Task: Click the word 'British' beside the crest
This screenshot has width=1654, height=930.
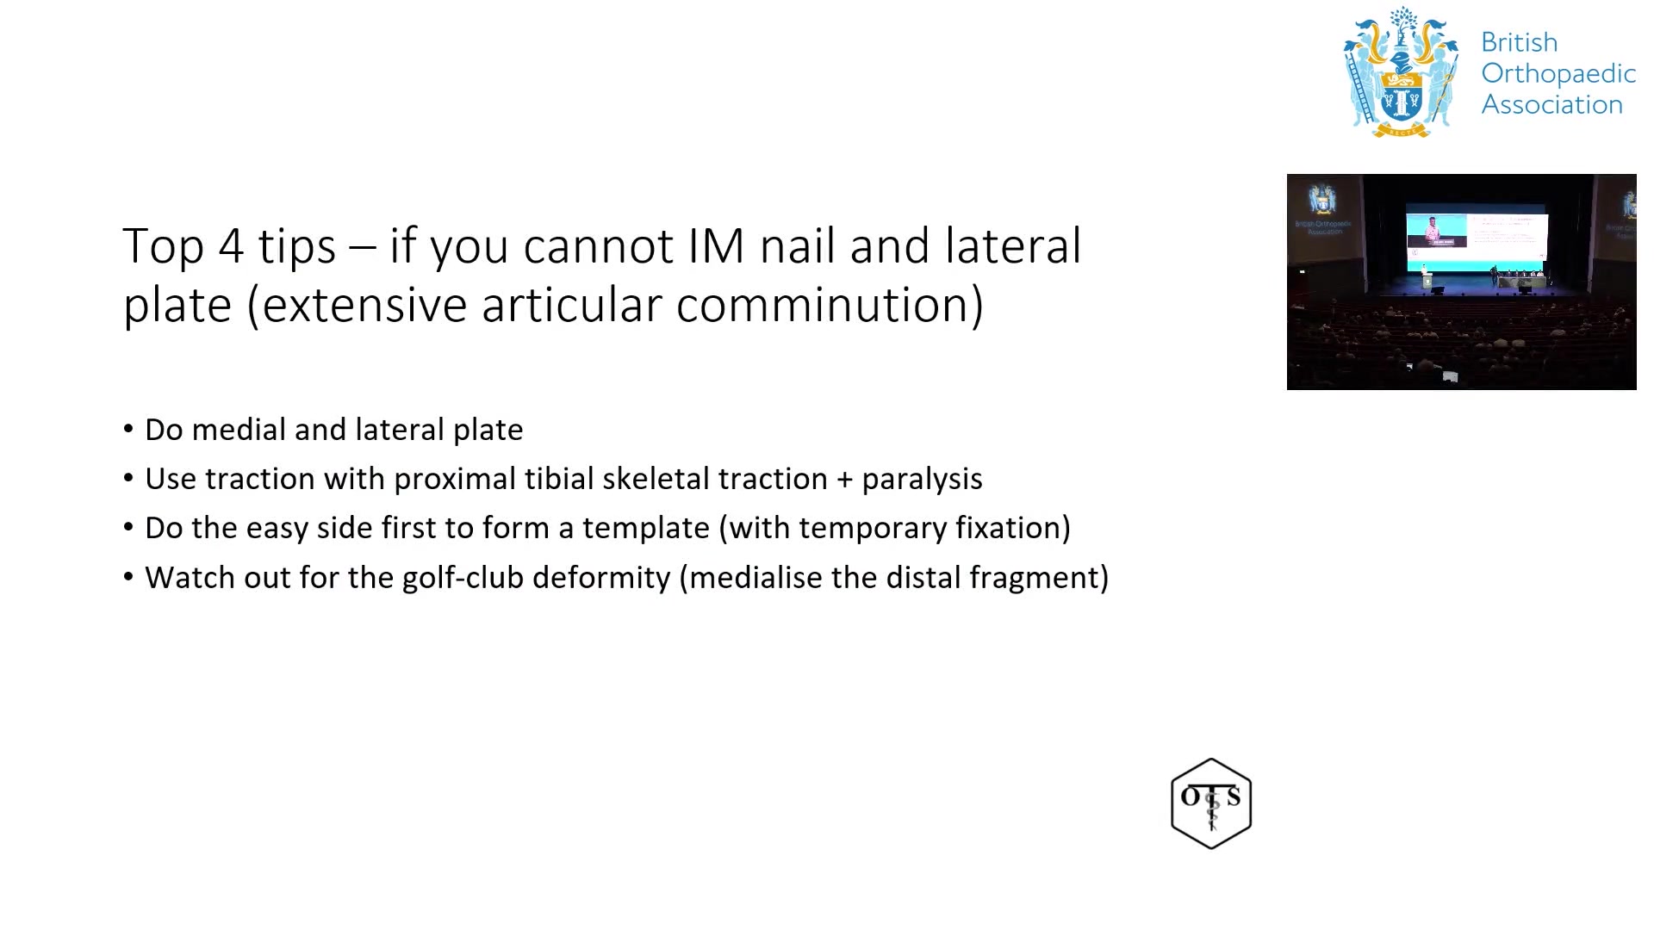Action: (x=1519, y=42)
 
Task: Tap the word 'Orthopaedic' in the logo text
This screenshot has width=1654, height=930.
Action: (x=1558, y=75)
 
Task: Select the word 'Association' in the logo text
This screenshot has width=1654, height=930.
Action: (x=1552, y=104)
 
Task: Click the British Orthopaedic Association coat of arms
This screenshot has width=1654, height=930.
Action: (x=1402, y=72)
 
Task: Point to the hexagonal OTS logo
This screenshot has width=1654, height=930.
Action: (x=1211, y=803)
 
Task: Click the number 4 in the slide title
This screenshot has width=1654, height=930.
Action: (x=231, y=246)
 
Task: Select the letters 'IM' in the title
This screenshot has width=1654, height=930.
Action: (x=716, y=246)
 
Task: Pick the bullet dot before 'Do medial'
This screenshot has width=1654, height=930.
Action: (x=128, y=429)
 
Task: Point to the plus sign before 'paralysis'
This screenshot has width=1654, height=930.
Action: (x=845, y=480)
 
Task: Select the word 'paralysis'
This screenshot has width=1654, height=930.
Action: (x=922, y=480)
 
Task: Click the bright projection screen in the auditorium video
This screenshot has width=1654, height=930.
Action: (x=1477, y=237)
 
